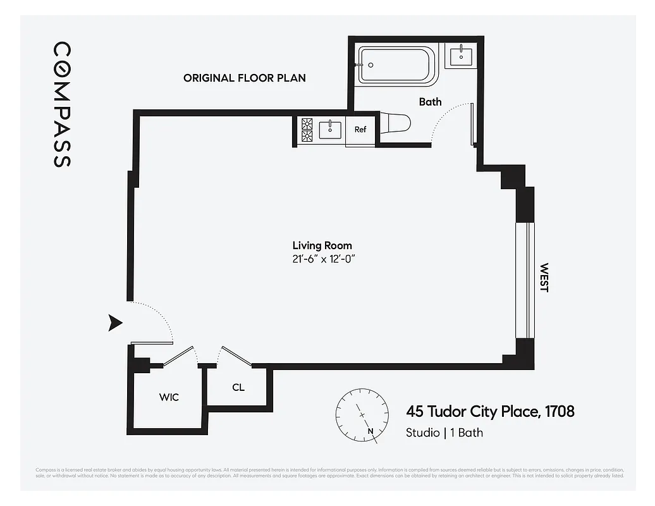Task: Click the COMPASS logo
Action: (61, 104)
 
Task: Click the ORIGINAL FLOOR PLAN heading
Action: (244, 78)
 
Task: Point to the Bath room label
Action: (430, 102)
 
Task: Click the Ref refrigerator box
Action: (360, 130)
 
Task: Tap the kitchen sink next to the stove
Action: (330, 130)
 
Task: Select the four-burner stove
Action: (307, 130)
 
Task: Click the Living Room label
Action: (322, 245)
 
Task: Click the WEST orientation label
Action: (544, 278)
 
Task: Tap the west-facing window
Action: (525, 280)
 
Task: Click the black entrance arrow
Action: (114, 323)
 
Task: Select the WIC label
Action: (169, 397)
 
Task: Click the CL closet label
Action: (238, 388)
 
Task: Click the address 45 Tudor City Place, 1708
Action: (490, 412)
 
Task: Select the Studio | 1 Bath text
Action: (444, 433)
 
